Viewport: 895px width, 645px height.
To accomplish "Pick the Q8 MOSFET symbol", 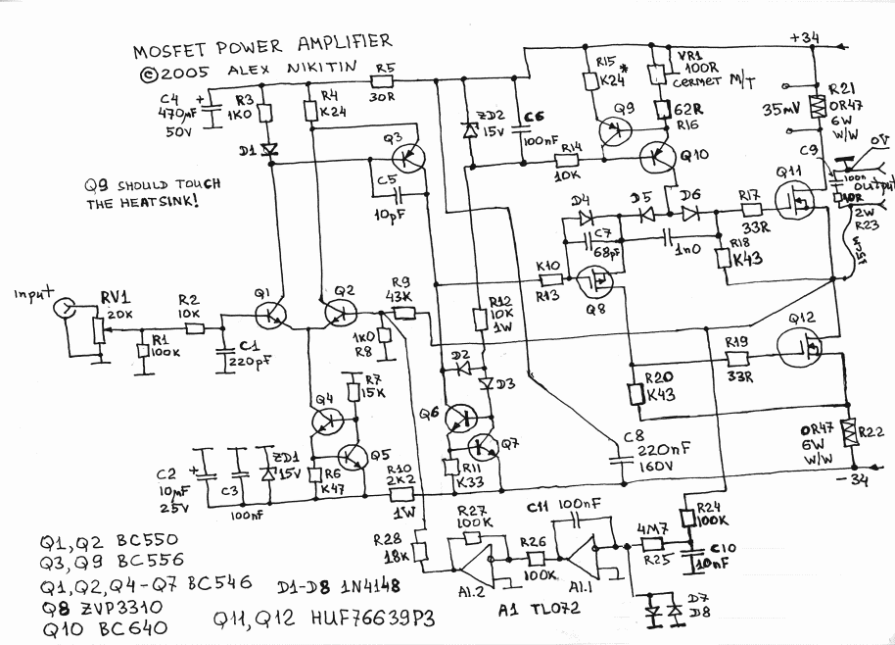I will coord(594,283).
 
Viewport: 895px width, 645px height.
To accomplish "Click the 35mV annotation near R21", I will coord(782,111).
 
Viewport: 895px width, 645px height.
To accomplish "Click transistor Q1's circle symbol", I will coord(267,316).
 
